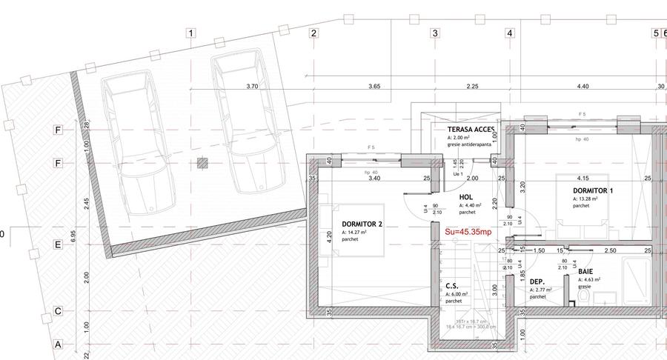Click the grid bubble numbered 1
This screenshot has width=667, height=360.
tap(191, 33)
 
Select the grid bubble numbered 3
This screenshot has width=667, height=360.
tap(435, 33)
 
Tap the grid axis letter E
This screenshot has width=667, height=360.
tap(57, 244)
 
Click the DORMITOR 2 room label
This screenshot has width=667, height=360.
tap(362, 224)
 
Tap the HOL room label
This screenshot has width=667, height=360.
tap(466, 197)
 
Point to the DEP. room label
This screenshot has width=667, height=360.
tap(537, 281)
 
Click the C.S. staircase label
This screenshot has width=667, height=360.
tap(452, 285)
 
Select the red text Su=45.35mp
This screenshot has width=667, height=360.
tap(467, 232)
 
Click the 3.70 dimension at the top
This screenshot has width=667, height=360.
tap(252, 87)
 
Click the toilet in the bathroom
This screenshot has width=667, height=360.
tap(583, 296)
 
